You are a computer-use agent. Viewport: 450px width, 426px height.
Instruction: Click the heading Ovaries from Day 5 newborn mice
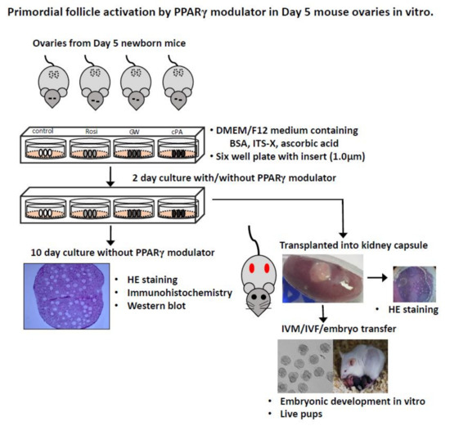pyautogui.click(x=107, y=42)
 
